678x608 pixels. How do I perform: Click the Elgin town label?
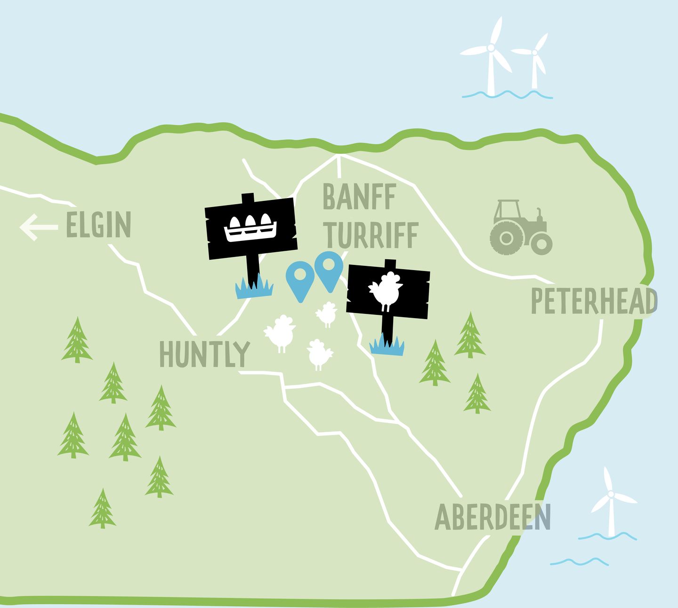click(x=98, y=225)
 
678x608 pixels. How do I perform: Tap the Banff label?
click(x=359, y=198)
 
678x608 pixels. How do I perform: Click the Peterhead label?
click(x=594, y=301)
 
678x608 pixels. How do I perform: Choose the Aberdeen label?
click(x=492, y=517)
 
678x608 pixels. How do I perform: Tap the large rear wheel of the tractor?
click(x=506, y=238)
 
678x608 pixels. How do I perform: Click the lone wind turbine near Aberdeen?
click(x=611, y=504)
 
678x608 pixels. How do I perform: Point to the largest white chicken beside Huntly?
click(x=280, y=332)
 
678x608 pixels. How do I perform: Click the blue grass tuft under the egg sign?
click(x=254, y=288)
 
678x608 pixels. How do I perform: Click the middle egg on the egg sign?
click(x=250, y=221)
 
